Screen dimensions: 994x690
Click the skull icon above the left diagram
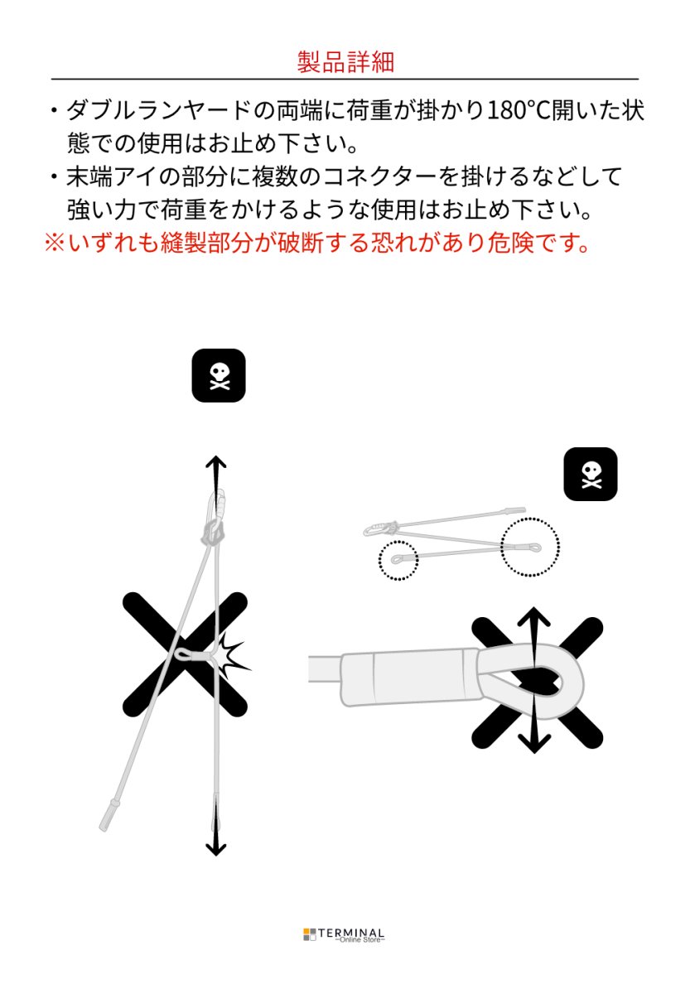point(219,375)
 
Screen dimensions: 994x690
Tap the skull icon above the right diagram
point(591,474)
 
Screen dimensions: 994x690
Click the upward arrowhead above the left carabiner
point(216,462)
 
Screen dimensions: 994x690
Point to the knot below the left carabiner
point(215,533)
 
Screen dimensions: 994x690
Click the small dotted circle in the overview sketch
point(398,561)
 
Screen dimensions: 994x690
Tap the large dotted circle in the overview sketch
point(530,547)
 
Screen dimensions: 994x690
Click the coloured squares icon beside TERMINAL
point(310,934)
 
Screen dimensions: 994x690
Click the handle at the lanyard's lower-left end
point(109,813)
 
